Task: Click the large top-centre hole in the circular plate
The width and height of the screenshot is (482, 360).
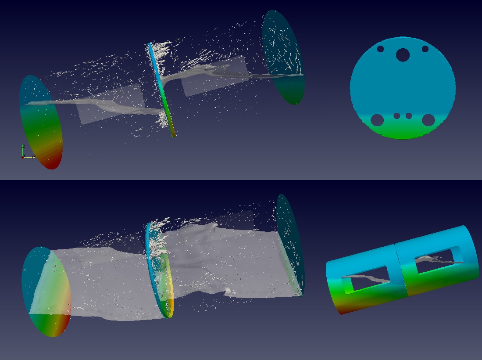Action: (403, 55)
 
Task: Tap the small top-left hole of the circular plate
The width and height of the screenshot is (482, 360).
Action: (380, 49)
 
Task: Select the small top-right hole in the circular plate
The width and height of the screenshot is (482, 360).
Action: (425, 49)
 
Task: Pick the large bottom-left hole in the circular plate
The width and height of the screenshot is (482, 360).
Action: (377, 119)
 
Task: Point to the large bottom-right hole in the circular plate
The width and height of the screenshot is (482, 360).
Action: (428, 119)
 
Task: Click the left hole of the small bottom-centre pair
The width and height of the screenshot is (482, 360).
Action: (397, 116)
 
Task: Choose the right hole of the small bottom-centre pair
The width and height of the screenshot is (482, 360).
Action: (409, 116)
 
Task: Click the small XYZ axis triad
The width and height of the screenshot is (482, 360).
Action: (24, 153)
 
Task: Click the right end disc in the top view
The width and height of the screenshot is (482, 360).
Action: (283, 57)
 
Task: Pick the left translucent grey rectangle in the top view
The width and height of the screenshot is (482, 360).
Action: (110, 103)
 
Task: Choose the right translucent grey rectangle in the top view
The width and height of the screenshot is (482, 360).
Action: (215, 76)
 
